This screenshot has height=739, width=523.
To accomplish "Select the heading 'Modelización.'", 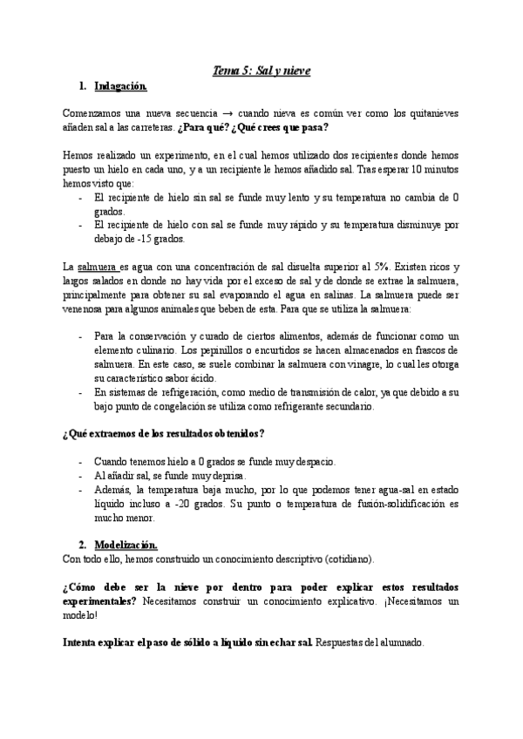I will coord(126,545).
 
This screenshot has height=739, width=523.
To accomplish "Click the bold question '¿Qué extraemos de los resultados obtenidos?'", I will coord(164,433).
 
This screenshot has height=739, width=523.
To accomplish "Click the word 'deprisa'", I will coord(225,476).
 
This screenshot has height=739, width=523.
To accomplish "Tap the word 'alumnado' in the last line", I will coord(401,643).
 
